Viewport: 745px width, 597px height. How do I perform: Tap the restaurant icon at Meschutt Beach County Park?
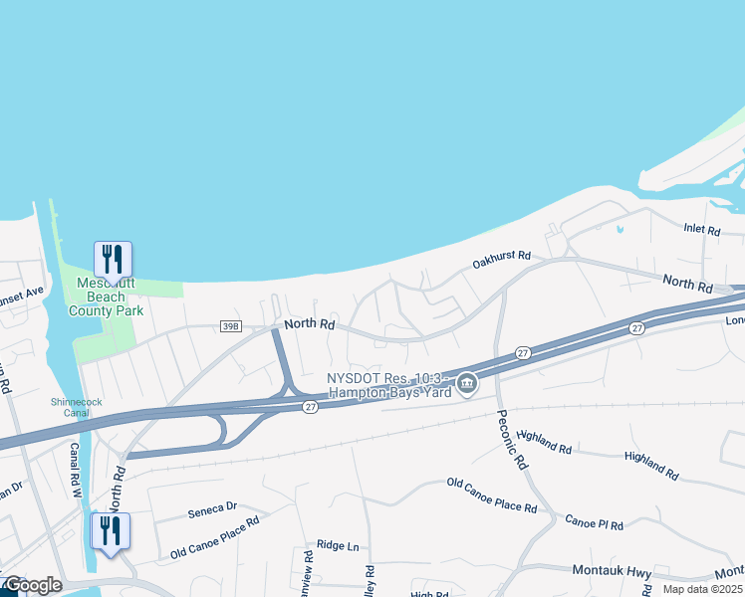(x=113, y=259)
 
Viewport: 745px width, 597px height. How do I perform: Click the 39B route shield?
(x=231, y=325)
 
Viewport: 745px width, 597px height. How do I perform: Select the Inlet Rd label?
(x=701, y=230)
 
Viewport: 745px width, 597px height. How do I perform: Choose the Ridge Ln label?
(x=338, y=545)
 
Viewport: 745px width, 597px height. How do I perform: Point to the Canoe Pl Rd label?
(x=594, y=523)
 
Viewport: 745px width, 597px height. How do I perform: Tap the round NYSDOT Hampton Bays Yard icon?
(x=465, y=383)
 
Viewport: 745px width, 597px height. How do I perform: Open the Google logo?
(x=33, y=585)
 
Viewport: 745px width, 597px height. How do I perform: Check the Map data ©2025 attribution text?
(x=702, y=589)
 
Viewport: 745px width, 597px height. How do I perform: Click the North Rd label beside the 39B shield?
(x=309, y=324)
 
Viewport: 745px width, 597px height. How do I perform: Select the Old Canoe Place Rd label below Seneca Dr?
(x=214, y=536)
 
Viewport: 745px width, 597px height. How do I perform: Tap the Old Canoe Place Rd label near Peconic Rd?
(x=492, y=496)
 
